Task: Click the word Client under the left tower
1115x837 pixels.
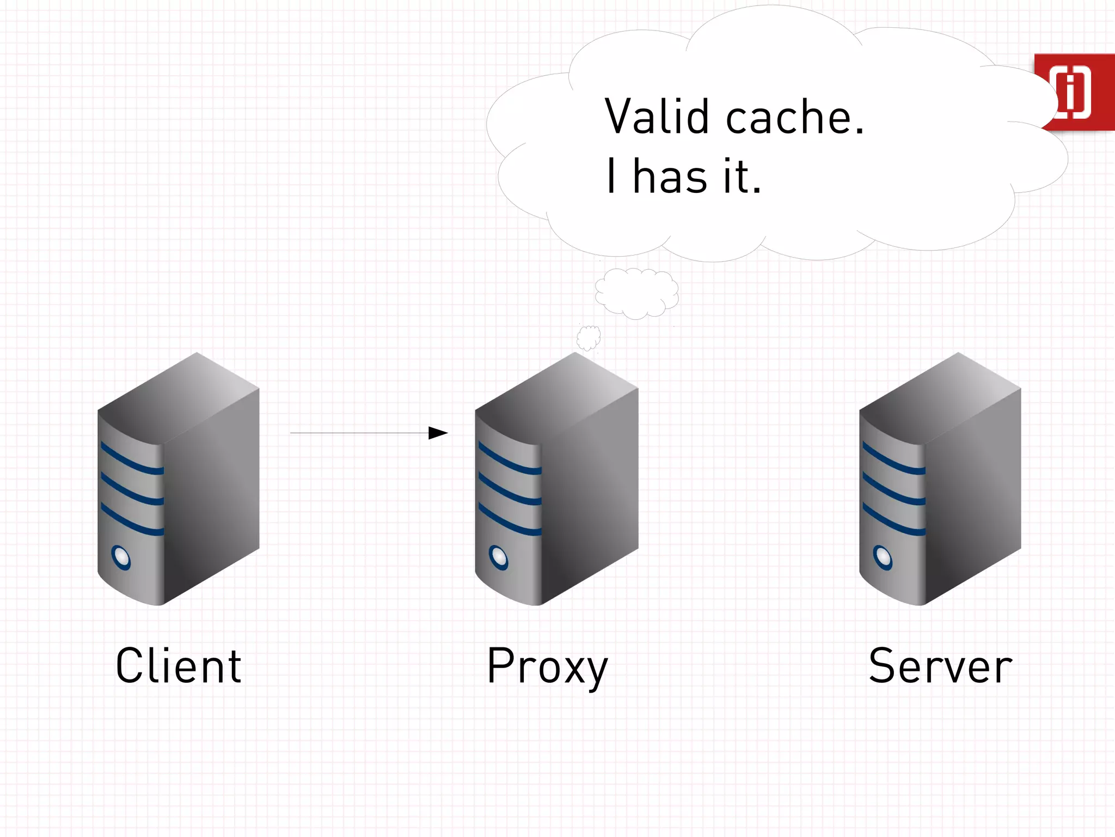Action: pyautogui.click(x=179, y=665)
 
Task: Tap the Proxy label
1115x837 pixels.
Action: pyautogui.click(x=547, y=666)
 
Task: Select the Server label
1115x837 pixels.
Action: pyautogui.click(x=940, y=665)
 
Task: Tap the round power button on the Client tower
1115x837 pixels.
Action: pyautogui.click(x=121, y=557)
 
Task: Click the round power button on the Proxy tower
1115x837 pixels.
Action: pyautogui.click(x=498, y=557)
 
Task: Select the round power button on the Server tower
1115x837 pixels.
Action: pyautogui.click(x=883, y=557)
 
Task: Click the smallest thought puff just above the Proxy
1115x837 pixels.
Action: pyautogui.click(x=589, y=338)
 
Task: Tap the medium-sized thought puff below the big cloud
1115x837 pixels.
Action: pyautogui.click(x=636, y=293)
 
